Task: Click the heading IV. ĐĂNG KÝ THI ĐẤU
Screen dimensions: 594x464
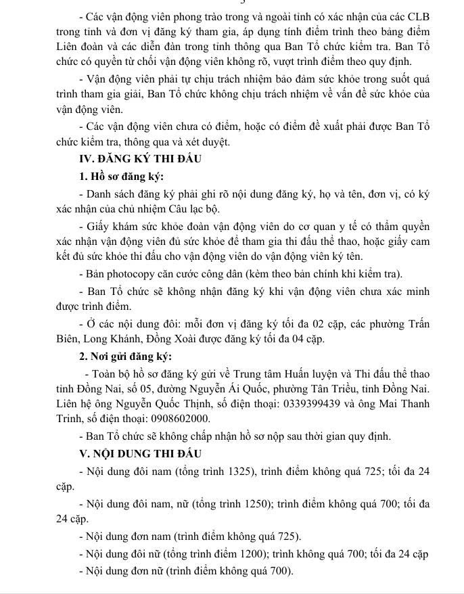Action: click(140, 159)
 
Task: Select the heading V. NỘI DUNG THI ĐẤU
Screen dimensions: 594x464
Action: click(140, 453)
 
